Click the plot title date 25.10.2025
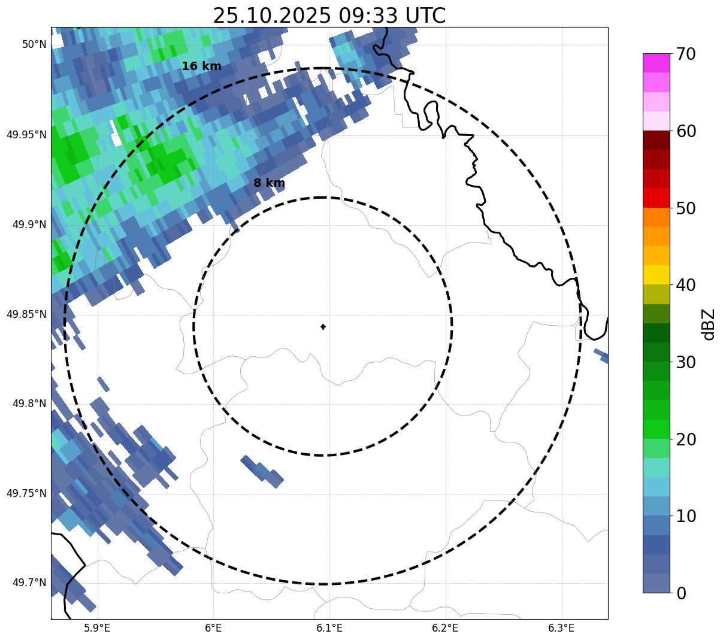pyautogui.click(x=271, y=16)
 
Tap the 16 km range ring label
pyautogui.click(x=201, y=66)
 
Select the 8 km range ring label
pyautogui.click(x=269, y=183)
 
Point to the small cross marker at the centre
pyautogui.click(x=323, y=326)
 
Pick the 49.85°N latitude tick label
pyautogui.click(x=26, y=314)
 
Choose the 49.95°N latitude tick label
pyautogui.click(x=26, y=135)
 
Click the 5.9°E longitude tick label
pyautogui.click(x=97, y=628)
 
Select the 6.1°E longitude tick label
pyautogui.click(x=329, y=628)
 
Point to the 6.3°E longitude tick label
pyautogui.click(x=561, y=628)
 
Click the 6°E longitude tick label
pyautogui.click(x=213, y=628)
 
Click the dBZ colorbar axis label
pyautogui.click(x=709, y=324)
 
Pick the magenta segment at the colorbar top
pyautogui.click(x=656, y=63)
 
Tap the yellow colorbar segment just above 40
pyautogui.click(x=656, y=275)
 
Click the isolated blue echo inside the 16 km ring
pyautogui.click(x=262, y=471)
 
